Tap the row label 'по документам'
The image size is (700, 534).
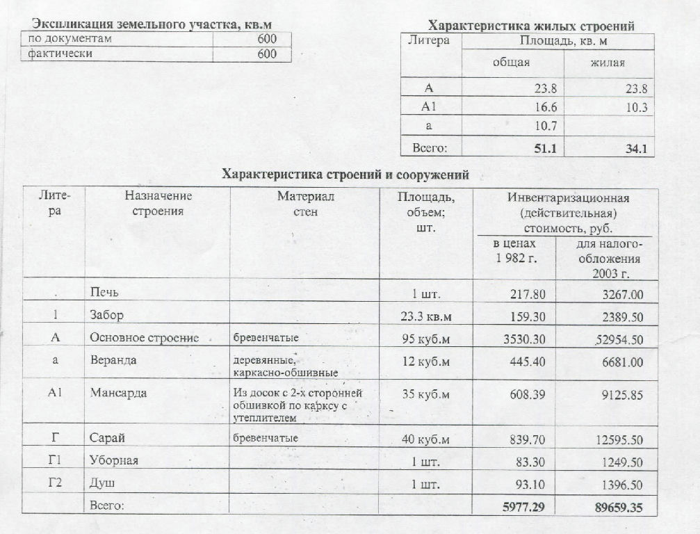(x=70, y=39)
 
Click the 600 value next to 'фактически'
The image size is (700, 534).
(x=266, y=54)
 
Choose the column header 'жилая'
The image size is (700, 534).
(x=607, y=63)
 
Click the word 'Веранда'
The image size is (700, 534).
(x=113, y=360)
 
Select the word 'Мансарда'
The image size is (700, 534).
(x=118, y=393)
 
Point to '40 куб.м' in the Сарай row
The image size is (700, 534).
(x=426, y=439)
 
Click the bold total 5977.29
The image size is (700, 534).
(x=523, y=508)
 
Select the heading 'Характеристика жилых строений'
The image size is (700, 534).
(x=531, y=26)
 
